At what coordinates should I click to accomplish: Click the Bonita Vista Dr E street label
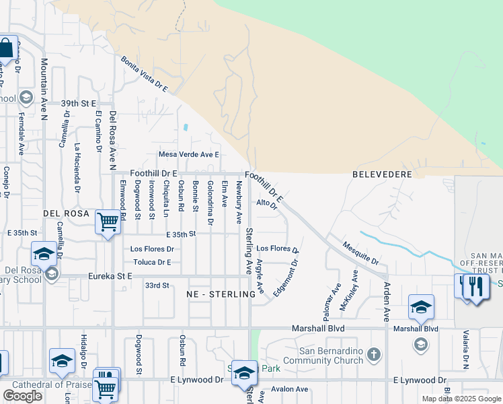[x=143, y=75]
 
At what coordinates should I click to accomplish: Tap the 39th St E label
[x=79, y=104]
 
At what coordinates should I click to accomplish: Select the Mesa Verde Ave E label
[x=190, y=154]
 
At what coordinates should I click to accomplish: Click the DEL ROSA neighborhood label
[x=67, y=212]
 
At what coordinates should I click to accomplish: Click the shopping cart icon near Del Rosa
[x=108, y=222]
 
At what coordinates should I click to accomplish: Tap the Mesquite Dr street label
[x=360, y=252]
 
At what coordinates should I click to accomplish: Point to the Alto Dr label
[x=267, y=203]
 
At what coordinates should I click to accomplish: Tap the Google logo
[x=22, y=396]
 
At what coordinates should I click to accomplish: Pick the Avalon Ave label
[x=289, y=389]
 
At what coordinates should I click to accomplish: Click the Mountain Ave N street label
[x=44, y=88]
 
